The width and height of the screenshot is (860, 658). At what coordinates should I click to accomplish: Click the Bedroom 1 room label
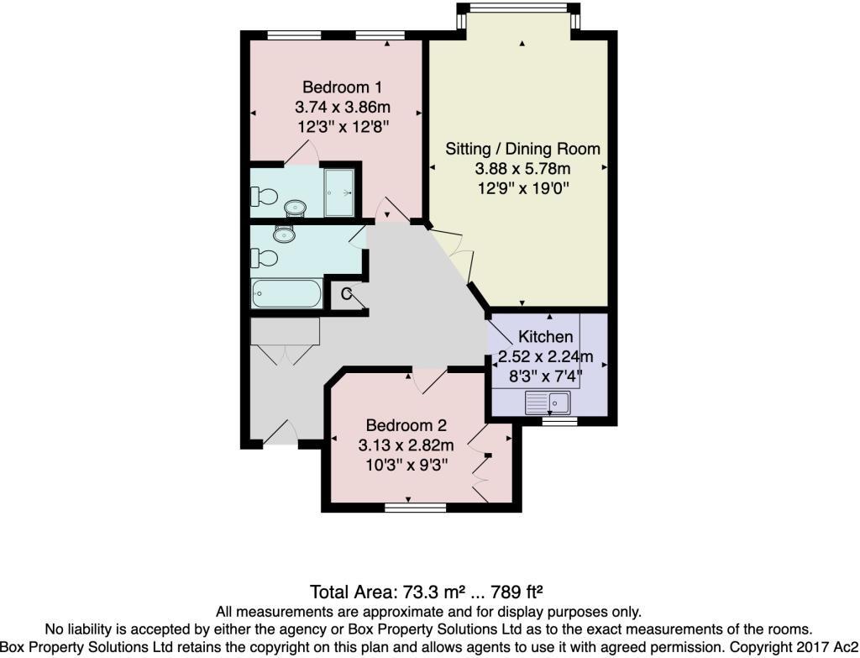(x=343, y=87)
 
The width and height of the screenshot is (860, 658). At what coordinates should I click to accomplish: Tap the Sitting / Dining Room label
(x=522, y=149)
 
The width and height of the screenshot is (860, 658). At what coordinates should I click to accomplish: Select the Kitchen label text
(x=546, y=336)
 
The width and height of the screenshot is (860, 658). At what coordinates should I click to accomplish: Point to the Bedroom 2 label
(x=406, y=425)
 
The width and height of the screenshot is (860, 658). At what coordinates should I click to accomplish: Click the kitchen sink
(x=548, y=403)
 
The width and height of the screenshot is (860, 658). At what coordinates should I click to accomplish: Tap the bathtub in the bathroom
(x=286, y=293)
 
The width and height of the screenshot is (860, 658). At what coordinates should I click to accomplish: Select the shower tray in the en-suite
(x=339, y=192)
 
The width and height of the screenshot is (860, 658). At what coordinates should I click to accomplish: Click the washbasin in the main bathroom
(x=284, y=234)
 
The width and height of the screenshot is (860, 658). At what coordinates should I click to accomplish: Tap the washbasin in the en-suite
(x=296, y=208)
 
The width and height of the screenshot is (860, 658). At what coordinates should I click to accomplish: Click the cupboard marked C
(x=347, y=295)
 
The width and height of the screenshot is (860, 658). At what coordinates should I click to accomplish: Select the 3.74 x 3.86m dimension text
(x=343, y=107)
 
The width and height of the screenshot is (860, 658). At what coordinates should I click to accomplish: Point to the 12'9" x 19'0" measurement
(x=523, y=188)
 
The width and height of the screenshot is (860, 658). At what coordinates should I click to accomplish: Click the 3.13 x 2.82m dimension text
(x=406, y=445)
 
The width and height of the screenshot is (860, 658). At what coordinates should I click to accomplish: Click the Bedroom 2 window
(x=415, y=508)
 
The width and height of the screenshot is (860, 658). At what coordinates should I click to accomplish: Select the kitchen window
(x=560, y=421)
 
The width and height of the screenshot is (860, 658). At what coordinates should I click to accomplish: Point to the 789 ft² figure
(x=517, y=592)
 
